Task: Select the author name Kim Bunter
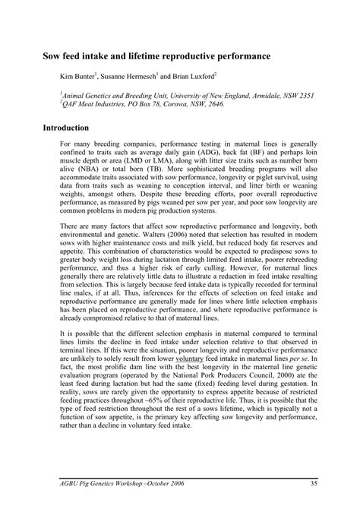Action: [78, 77]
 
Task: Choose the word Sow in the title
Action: [53, 56]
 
